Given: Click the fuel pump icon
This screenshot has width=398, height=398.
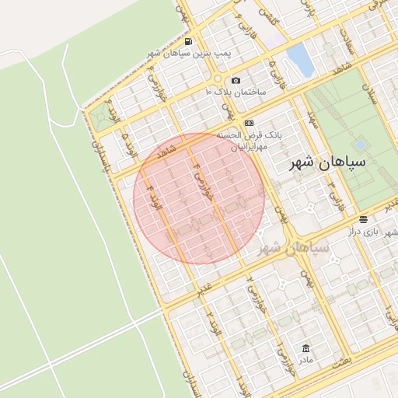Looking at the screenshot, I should pyautogui.click(x=189, y=42).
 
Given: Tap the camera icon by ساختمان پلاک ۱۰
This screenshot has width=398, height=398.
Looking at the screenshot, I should pyautogui.click(x=236, y=81).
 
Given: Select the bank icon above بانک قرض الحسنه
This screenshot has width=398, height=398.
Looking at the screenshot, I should pyautogui.click(x=248, y=123).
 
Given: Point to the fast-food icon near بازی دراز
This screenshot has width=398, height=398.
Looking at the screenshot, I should pyautogui.click(x=364, y=221).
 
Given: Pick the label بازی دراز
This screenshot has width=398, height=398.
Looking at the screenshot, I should pyautogui.click(x=381, y=232).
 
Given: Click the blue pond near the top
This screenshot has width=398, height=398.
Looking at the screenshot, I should pyautogui.click(x=297, y=57).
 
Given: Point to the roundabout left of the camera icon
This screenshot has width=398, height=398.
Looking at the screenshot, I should pyautogui.click(x=218, y=79).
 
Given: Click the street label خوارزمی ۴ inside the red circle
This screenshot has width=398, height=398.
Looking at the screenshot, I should pyautogui.click(x=204, y=184).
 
